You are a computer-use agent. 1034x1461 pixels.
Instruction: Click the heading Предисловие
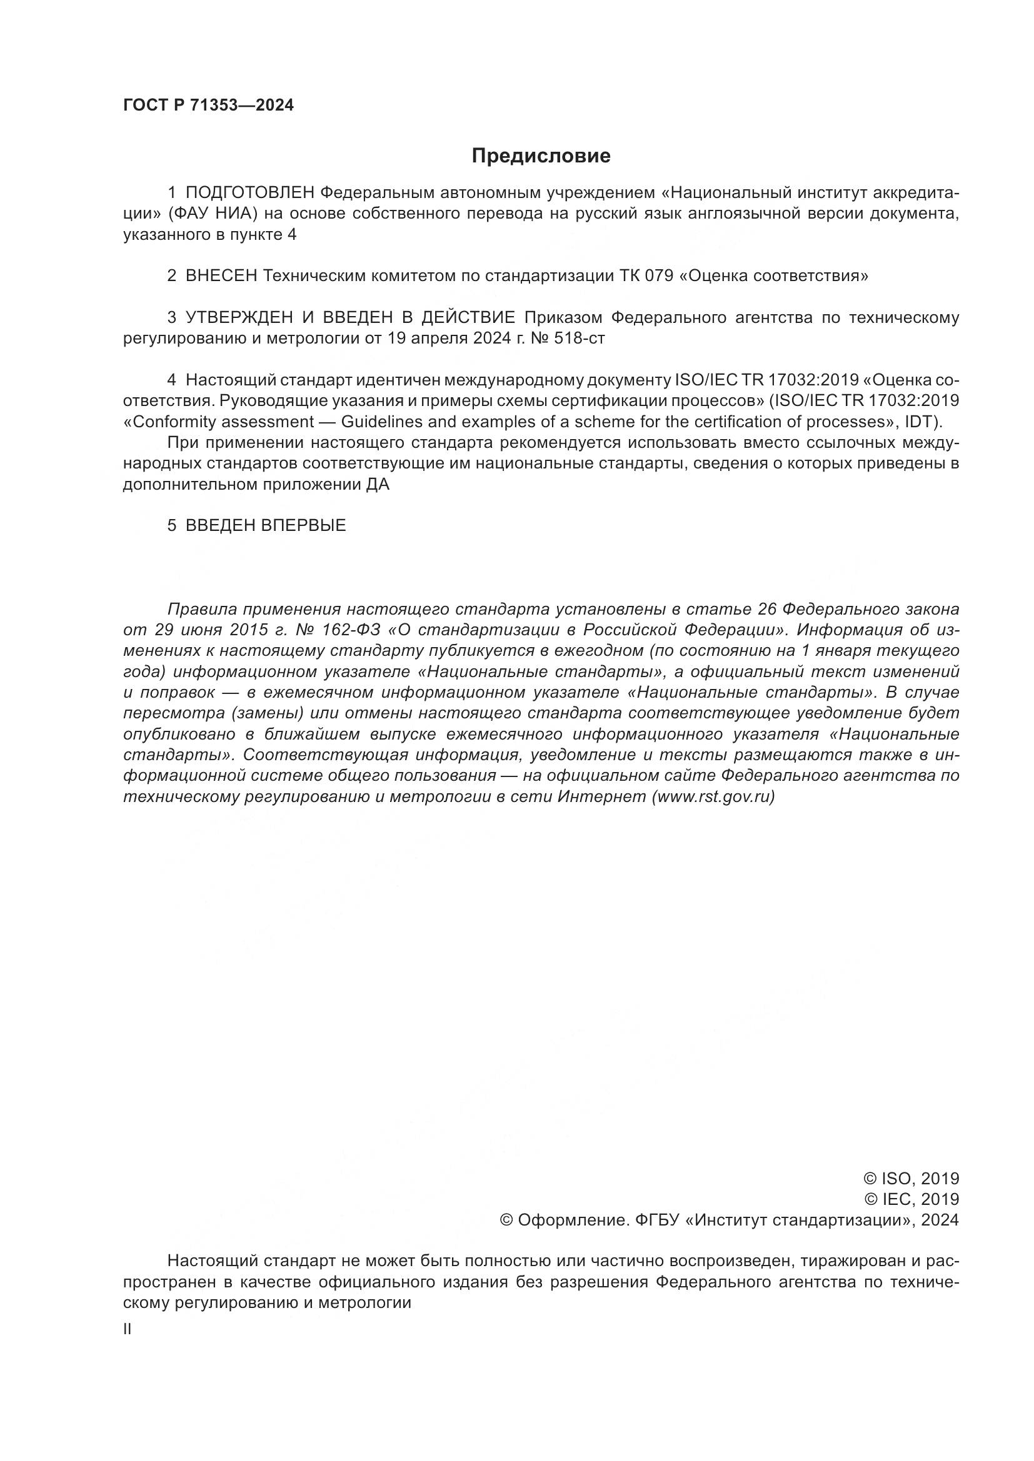541,156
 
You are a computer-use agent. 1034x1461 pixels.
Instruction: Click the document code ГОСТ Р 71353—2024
208,106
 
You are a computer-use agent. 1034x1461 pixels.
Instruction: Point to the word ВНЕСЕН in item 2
221,276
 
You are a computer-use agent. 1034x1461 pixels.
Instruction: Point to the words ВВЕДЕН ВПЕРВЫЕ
266,525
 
